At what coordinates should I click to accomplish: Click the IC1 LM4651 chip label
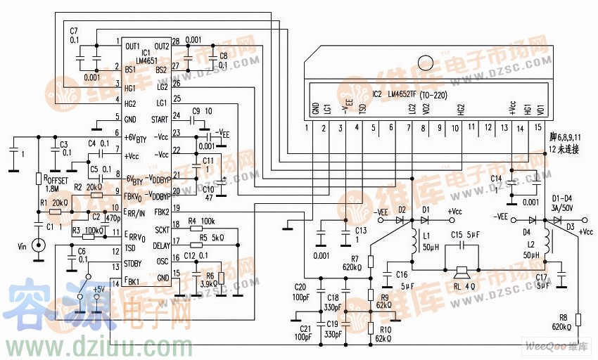(x=146, y=57)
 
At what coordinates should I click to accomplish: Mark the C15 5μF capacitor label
(x=465, y=233)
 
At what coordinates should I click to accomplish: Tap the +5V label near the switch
(x=99, y=288)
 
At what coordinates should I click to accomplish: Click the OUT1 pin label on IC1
(x=133, y=45)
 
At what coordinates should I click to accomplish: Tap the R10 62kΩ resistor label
(x=384, y=333)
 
